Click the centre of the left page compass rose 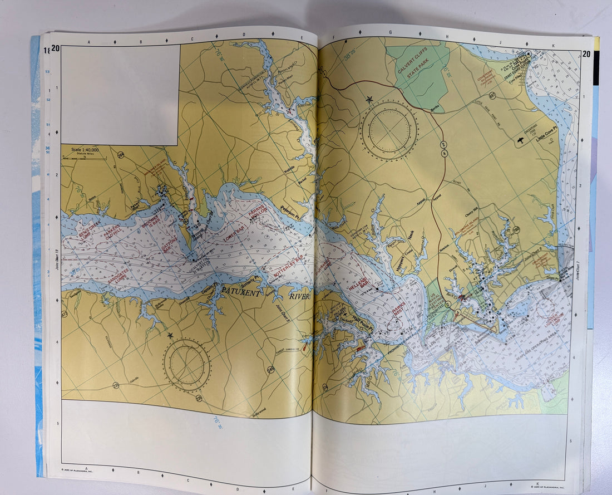pos(186,365)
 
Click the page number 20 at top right pos(586,54)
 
